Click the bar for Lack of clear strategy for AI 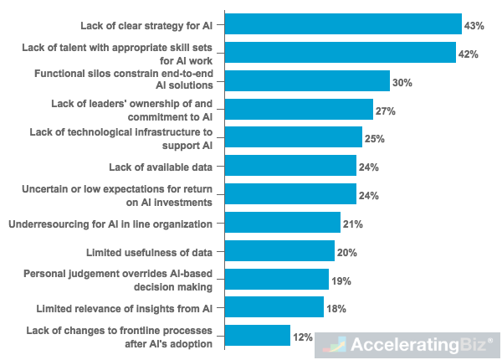coord(343,24)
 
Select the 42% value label coord(468,54)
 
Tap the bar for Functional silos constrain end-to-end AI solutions coord(307,81)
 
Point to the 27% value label coord(385,111)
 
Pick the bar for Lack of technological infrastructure coord(294,137)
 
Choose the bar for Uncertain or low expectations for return coord(290,195)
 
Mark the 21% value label coord(352,224)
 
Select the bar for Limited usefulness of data coord(279,252)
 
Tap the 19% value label coord(341,280)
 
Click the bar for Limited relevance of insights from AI coord(274,308)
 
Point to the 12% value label coord(302,337)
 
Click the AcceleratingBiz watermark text coord(417,344)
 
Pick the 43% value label coord(474,26)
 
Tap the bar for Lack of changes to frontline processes coord(258,336)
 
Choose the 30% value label coord(402,83)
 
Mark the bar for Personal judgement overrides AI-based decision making coord(277,280)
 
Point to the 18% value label coord(336,310)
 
